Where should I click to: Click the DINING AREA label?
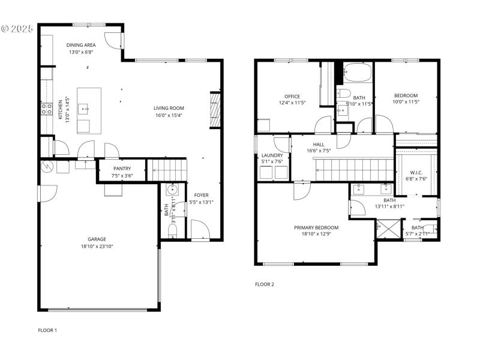[x=80, y=45]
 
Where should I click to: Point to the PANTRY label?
[x=121, y=169]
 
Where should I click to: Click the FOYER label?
[x=200, y=195]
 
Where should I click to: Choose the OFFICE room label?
[x=292, y=96]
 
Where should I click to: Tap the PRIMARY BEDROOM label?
[x=316, y=227]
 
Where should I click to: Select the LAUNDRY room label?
[x=272, y=155]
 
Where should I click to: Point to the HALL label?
[x=318, y=143]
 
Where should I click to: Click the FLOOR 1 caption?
[x=47, y=330]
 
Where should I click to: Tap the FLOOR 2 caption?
[x=264, y=284]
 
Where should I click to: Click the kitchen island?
[x=89, y=110]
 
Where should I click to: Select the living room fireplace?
[x=215, y=110]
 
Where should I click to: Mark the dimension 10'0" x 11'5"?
[x=406, y=103]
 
